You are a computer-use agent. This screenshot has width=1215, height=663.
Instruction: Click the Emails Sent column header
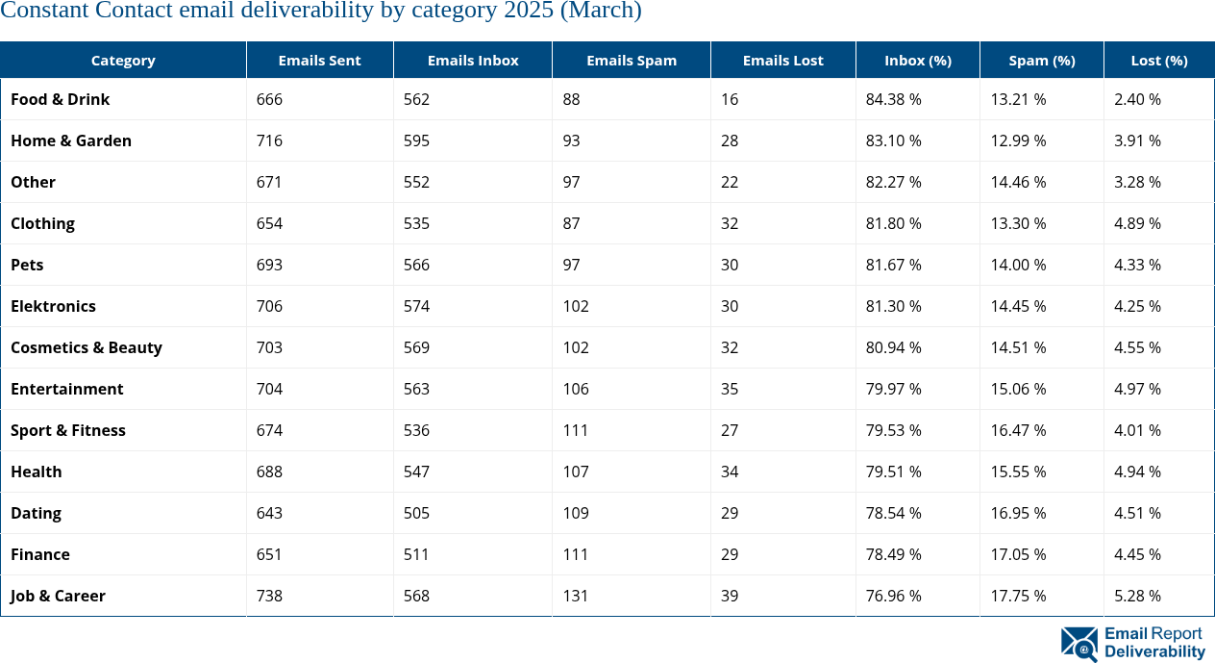pos(319,60)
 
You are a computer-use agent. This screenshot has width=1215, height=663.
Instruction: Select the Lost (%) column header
pos(1158,60)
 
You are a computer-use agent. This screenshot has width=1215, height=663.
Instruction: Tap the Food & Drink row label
pos(61,99)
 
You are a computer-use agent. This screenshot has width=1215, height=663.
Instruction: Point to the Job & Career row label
pos(58,596)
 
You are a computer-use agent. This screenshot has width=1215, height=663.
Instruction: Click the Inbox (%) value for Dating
pos(893,513)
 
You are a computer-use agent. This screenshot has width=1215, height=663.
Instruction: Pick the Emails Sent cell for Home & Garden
pos(270,140)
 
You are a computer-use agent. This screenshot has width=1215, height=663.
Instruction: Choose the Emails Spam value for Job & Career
pos(576,596)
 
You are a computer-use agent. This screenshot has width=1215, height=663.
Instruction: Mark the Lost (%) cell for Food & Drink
pos(1137,99)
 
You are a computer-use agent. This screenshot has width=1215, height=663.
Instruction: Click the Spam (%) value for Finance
pos(1018,554)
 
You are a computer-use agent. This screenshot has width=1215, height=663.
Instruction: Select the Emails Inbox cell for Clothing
pos(417,223)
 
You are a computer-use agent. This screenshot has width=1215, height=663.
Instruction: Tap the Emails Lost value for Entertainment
pos(730,389)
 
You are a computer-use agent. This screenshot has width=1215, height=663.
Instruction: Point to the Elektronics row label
pos(54,306)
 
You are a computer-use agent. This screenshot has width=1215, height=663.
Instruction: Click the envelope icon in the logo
pos(1079,644)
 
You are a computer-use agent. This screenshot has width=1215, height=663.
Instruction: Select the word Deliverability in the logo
pos(1154,651)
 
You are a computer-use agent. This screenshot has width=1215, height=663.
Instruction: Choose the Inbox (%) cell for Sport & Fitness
pos(893,430)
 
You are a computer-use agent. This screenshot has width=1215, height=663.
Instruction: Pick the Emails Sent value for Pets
pos(270,265)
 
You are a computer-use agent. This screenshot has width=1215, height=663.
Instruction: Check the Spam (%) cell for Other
pos(1018,182)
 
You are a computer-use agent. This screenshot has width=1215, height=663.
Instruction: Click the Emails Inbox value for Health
pos(417,472)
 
